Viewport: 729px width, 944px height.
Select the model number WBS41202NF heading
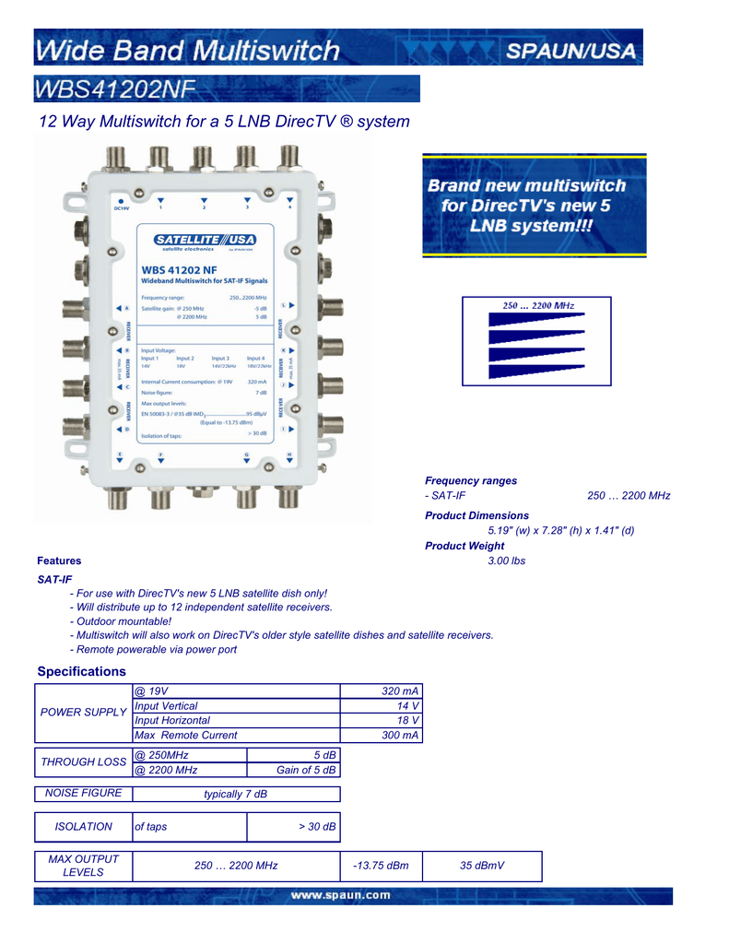114,89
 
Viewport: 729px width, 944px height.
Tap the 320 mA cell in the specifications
400,691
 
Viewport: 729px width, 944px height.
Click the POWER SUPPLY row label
83,713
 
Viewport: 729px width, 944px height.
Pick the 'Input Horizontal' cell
172,720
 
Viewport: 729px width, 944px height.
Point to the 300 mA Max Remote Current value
400,735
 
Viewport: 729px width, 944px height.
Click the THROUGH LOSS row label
83,762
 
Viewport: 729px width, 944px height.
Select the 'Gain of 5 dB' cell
306,770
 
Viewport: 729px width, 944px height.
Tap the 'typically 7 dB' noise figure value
235,794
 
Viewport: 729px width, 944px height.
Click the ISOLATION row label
83,827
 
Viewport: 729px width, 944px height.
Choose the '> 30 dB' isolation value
317,827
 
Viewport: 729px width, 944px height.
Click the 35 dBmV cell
482,866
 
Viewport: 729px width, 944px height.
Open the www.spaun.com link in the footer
341,895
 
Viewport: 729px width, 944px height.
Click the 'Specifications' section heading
81,671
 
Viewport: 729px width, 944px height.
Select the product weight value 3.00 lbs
506,560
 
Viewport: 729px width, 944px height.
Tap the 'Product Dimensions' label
476,515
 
